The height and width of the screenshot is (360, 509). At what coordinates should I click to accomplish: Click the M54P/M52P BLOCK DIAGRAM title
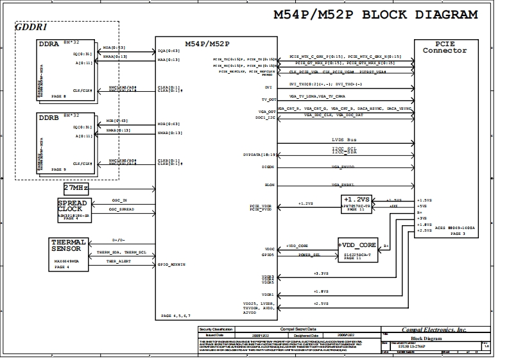(375, 15)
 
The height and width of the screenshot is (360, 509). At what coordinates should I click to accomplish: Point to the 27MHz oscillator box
(76, 188)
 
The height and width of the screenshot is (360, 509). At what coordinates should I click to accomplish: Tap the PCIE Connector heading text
(444, 47)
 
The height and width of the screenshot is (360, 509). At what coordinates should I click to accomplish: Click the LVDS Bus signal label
(343, 139)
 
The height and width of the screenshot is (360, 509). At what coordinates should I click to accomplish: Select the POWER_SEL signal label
(309, 255)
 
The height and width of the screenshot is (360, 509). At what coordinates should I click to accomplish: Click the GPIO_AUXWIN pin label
(171, 264)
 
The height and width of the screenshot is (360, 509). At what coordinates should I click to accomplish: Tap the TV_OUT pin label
(268, 99)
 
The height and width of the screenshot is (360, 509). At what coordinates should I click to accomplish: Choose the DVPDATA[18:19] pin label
(260, 155)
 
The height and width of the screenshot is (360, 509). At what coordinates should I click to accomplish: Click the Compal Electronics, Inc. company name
(433, 329)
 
